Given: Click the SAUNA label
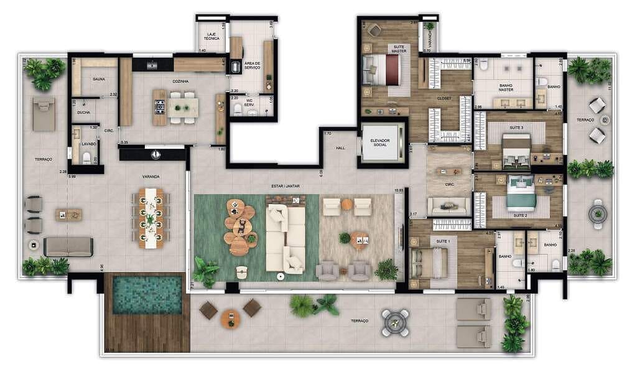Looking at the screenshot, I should point(98,79).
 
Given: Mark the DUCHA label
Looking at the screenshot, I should point(83,113).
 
